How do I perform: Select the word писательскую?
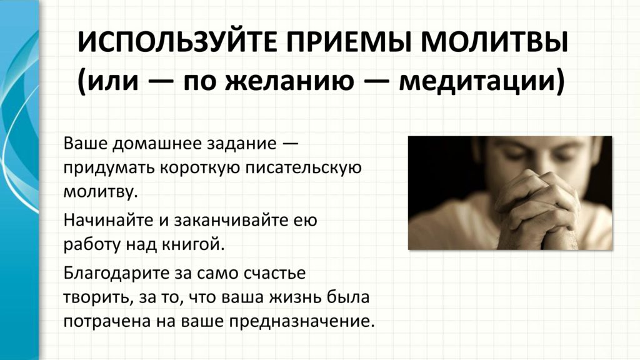pyautogui.click(x=303, y=168)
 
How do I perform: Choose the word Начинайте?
pyautogui.click(x=109, y=221)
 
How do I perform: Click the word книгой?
pyautogui.click(x=193, y=244)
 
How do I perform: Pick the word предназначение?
pyautogui.click(x=301, y=322)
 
